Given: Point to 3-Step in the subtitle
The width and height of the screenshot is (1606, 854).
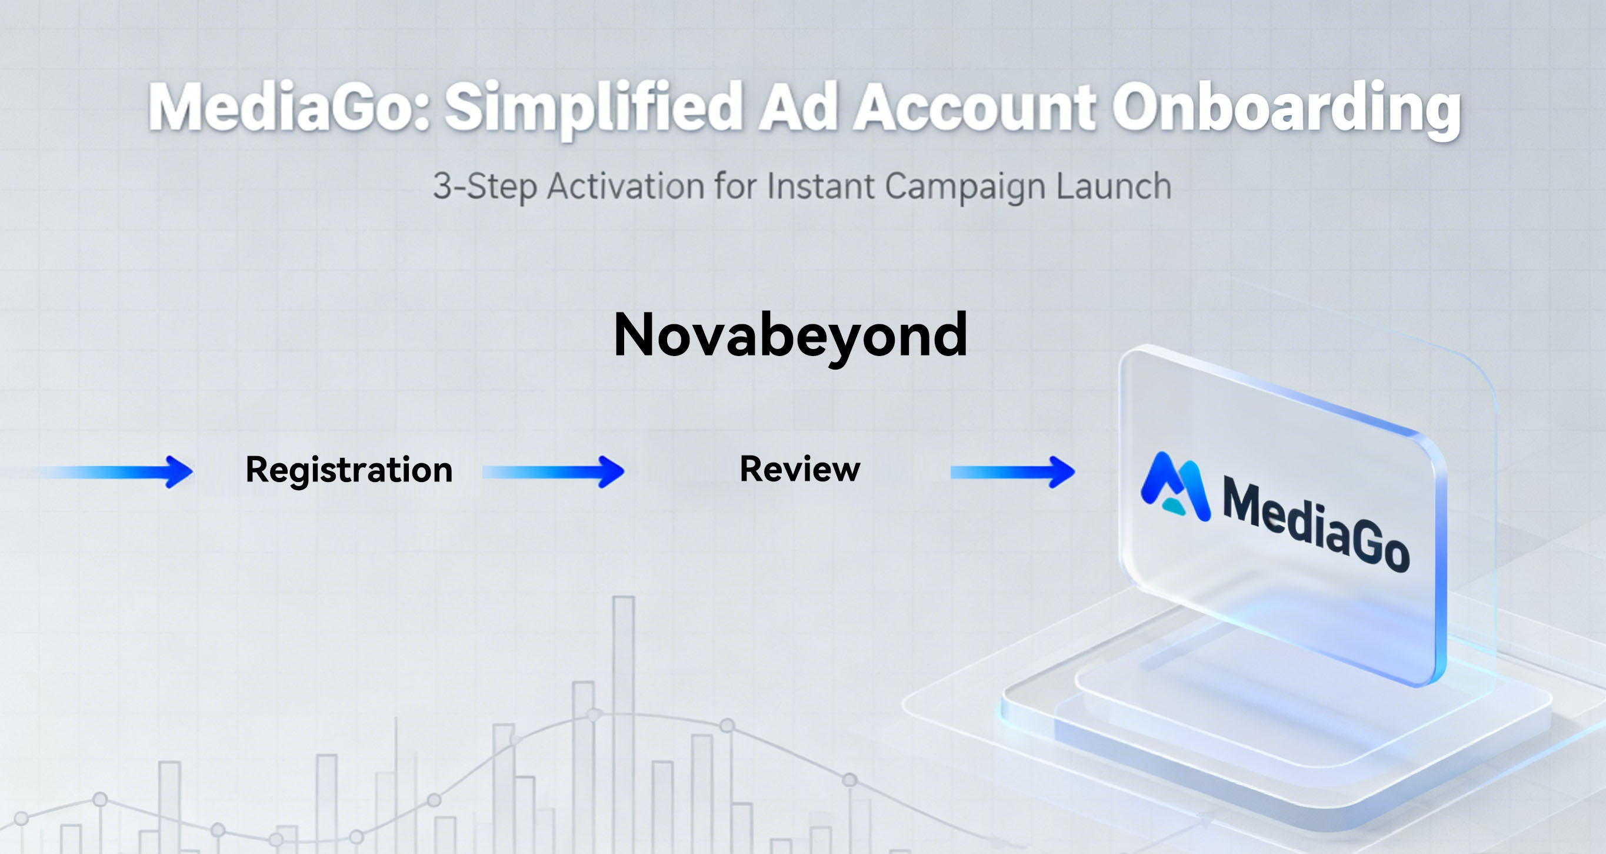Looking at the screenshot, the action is (x=484, y=187).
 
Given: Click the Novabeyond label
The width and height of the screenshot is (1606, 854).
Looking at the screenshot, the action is (x=791, y=336).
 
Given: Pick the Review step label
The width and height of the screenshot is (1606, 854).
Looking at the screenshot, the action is (x=800, y=469).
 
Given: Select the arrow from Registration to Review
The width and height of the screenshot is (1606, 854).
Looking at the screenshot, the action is (x=554, y=471).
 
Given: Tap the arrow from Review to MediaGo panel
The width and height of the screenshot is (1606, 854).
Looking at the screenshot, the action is (x=1012, y=471).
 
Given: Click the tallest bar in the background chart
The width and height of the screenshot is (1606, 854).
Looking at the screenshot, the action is (x=624, y=723).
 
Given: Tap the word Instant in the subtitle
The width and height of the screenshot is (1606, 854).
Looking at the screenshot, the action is (x=820, y=186).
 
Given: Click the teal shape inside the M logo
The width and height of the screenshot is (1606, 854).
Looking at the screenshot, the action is (x=1174, y=506).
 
